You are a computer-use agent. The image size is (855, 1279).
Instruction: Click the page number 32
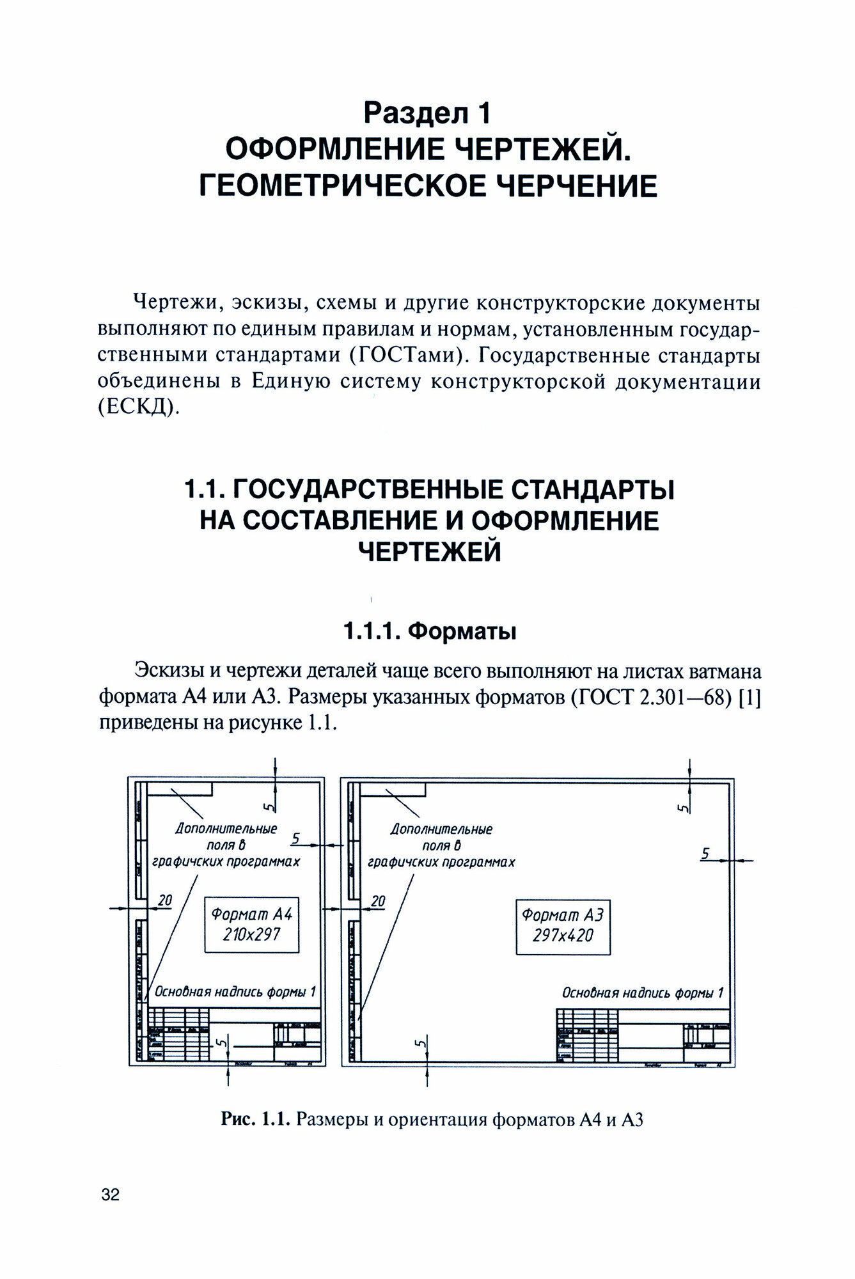(110, 1195)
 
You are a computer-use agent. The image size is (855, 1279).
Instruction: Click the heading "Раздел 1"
(427, 113)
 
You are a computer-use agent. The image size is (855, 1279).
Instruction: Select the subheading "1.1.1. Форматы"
(430, 631)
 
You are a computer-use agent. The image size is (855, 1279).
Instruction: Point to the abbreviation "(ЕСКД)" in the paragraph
(136, 407)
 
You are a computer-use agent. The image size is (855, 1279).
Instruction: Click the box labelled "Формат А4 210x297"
(251, 925)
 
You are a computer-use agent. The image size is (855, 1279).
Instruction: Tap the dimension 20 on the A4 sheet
(165, 900)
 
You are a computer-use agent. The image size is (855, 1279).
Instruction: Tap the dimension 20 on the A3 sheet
(378, 901)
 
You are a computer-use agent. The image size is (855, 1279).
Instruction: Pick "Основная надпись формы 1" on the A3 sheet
(643, 993)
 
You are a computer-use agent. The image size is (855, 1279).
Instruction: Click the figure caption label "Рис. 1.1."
(256, 1120)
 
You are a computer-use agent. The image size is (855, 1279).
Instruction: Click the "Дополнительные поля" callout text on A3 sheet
(441, 845)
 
